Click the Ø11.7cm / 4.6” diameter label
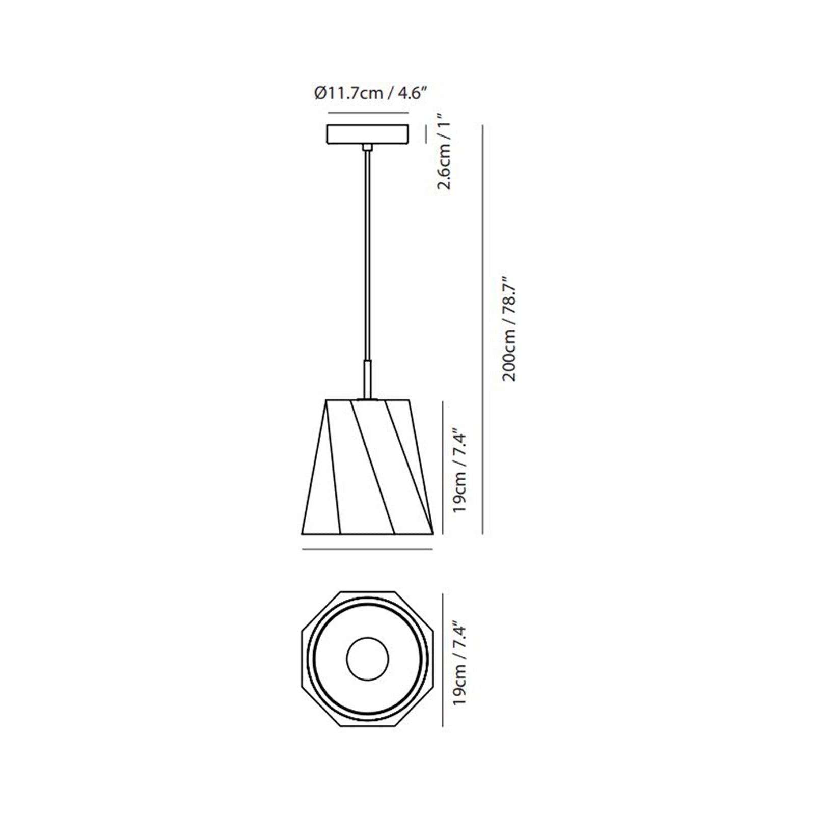click(370, 94)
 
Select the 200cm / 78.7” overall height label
click(509, 329)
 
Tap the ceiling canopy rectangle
click(367, 134)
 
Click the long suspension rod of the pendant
click(367, 255)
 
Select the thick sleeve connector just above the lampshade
click(367, 379)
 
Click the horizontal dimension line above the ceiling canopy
click(368, 113)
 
